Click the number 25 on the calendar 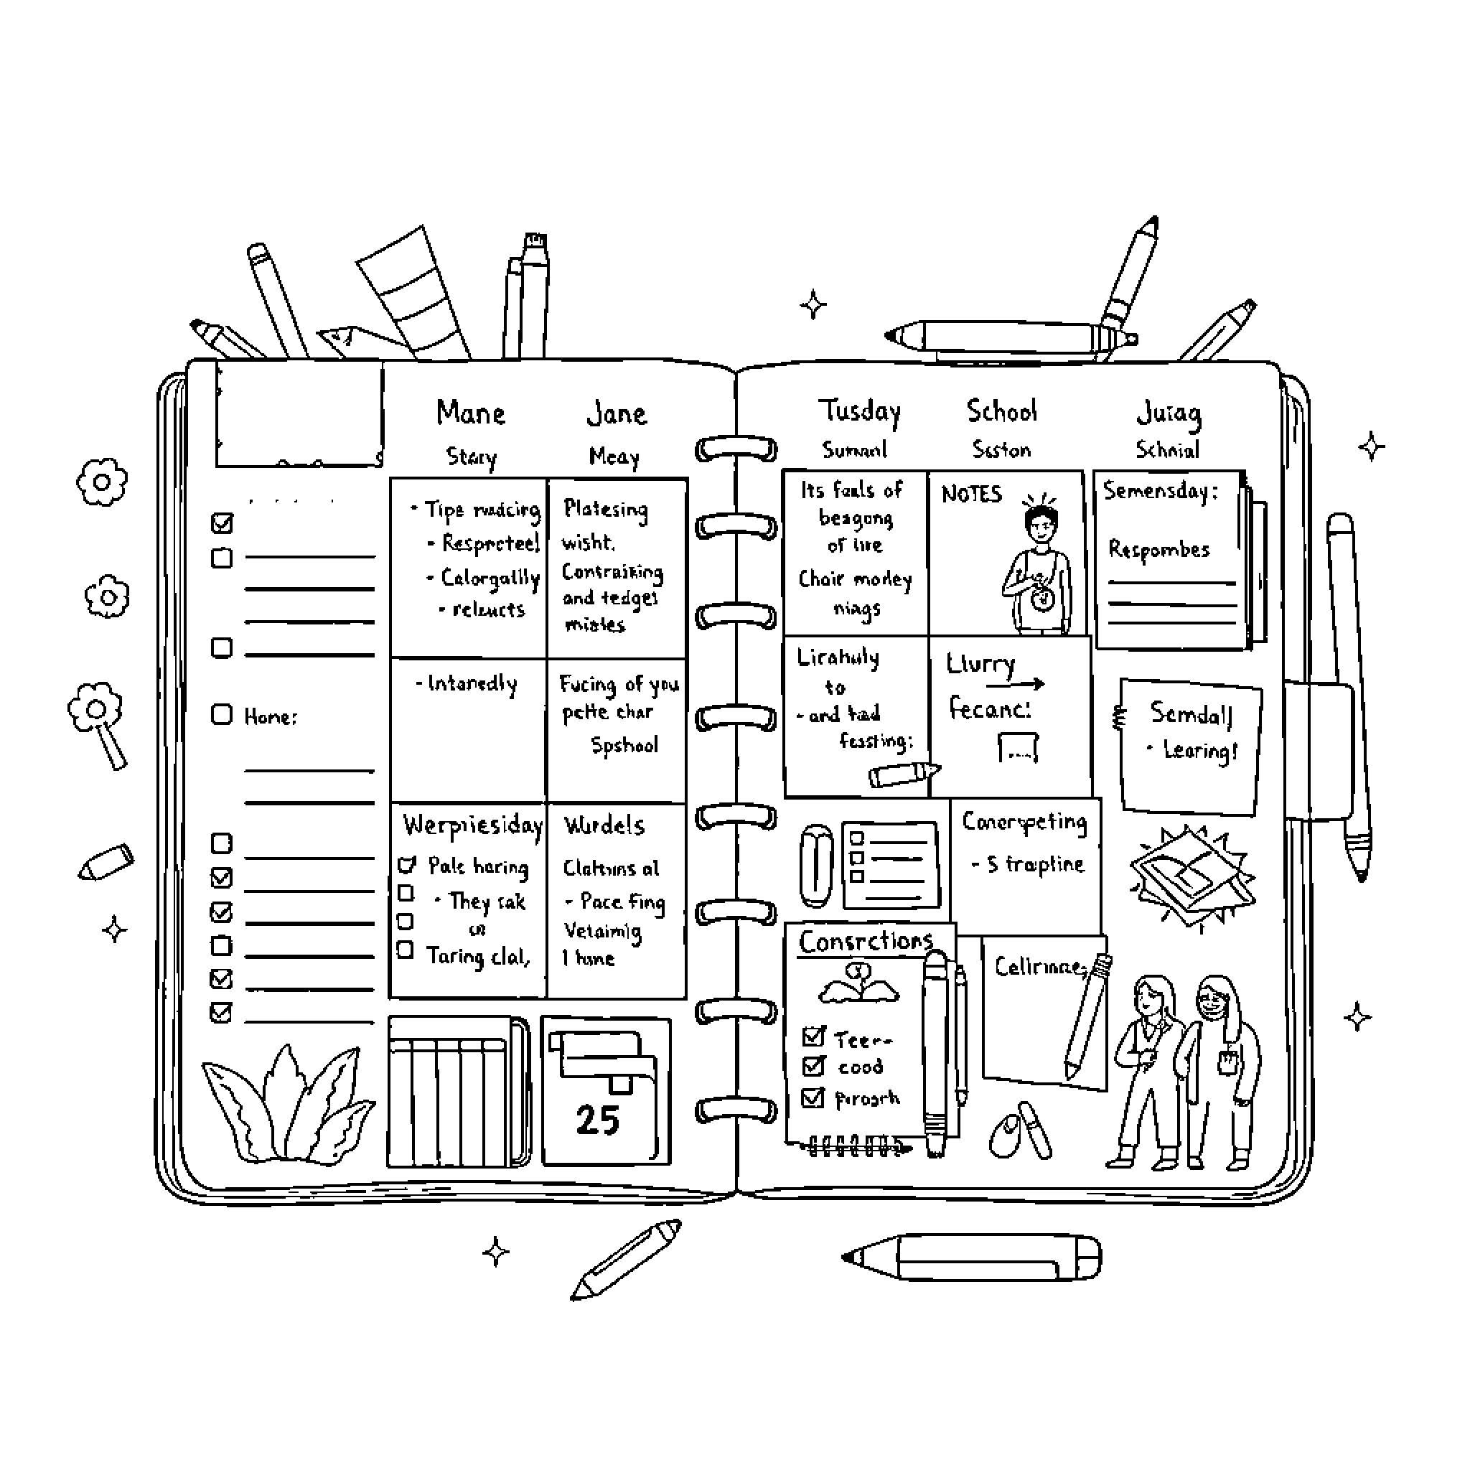point(597,1120)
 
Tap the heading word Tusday point(859,411)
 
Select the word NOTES point(972,495)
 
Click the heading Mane point(470,413)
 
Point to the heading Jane point(617,414)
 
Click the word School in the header point(1001,411)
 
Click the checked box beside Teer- point(813,1036)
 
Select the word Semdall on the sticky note point(1191,713)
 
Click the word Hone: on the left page point(271,717)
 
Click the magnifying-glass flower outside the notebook point(99,719)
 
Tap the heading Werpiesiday point(472,825)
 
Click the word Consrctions point(865,942)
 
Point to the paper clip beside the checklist point(815,866)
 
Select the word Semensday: point(1161,491)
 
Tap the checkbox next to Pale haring point(407,864)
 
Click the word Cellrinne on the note point(1038,967)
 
